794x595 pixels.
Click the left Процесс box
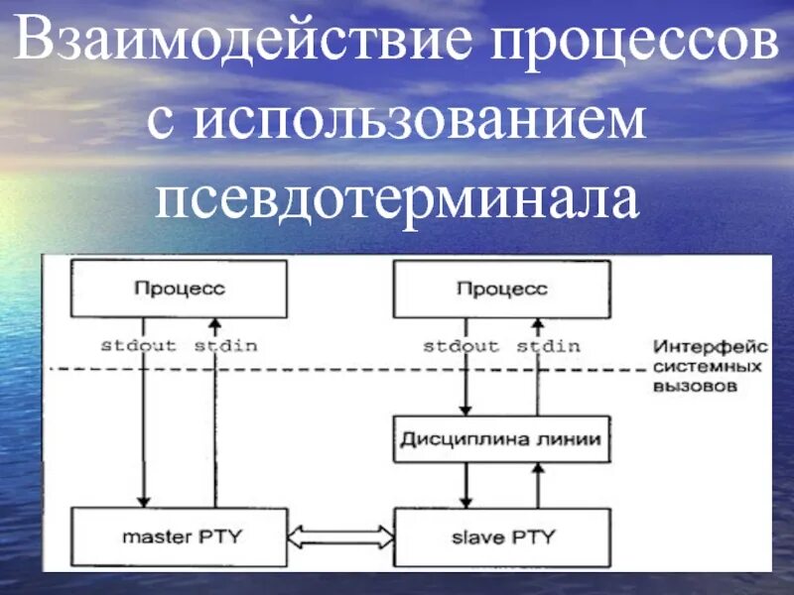click(179, 289)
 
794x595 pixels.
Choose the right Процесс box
click(501, 289)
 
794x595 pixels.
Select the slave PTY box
click(501, 537)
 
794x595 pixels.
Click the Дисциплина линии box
click(501, 438)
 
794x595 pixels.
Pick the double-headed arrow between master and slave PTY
click(340, 537)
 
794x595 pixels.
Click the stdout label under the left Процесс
click(139, 346)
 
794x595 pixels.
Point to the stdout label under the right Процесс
click(461, 346)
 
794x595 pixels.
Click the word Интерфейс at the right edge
click(710, 347)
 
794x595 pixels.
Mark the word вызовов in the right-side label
click(695, 388)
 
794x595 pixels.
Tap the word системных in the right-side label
click(707, 367)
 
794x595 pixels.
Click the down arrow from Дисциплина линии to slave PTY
click(463, 486)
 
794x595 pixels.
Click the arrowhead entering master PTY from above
click(144, 501)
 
